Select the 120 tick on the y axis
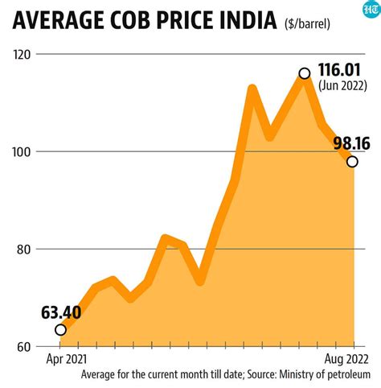click(x=26, y=54)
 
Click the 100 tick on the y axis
click(x=26, y=151)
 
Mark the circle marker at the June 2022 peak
click(x=304, y=73)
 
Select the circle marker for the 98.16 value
click(x=352, y=161)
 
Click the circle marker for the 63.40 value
click(x=60, y=329)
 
